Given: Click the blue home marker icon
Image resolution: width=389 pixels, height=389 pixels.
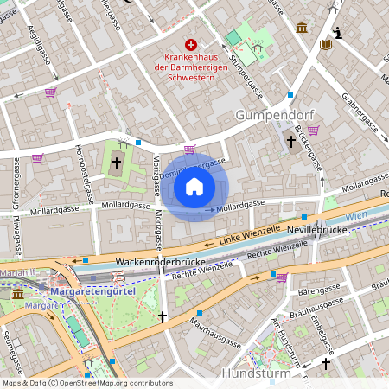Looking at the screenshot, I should click(194, 186).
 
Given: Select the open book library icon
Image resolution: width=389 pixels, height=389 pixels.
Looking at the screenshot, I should click(325, 44).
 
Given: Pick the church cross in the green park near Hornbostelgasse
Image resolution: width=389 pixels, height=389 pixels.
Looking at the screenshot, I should click(115, 162).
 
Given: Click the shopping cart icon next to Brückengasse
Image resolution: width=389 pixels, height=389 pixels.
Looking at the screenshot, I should click(313, 131).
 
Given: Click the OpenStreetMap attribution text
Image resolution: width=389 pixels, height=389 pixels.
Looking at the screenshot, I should click(86, 382).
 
